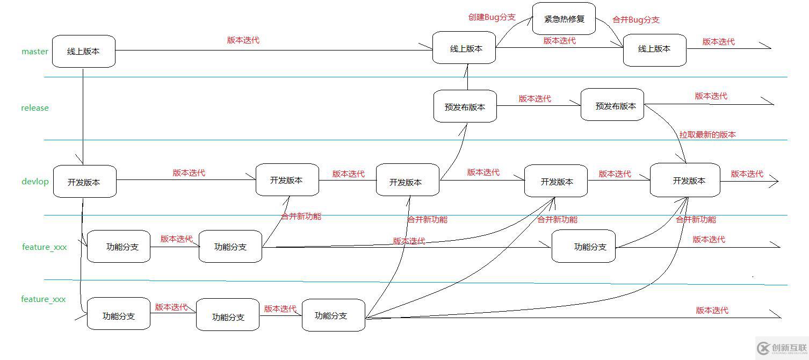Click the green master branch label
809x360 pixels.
pos(35,52)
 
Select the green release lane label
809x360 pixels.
pos(35,108)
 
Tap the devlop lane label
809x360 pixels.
pos(35,182)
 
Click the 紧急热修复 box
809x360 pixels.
pos(564,19)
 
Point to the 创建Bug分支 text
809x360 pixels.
pos(492,17)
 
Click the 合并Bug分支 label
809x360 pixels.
pos(636,20)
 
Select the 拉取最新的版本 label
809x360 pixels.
pos(707,135)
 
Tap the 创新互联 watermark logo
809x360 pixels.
pos(782,348)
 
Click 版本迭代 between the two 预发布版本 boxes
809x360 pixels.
pos(534,99)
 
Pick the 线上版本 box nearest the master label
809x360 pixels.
pos(84,52)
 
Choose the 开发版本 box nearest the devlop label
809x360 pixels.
pos(84,182)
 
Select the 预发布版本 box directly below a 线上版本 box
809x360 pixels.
pos(465,106)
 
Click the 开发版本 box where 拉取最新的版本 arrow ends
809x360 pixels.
pos(685,181)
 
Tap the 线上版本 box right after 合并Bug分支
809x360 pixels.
pos(654,49)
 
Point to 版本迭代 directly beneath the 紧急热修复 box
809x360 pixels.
pos(559,41)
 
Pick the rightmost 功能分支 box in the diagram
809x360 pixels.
pos(583,247)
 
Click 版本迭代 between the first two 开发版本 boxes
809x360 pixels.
pos(189,173)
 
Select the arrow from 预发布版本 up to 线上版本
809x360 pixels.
pos(467,77)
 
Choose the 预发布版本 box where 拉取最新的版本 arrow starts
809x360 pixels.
pos(612,105)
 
